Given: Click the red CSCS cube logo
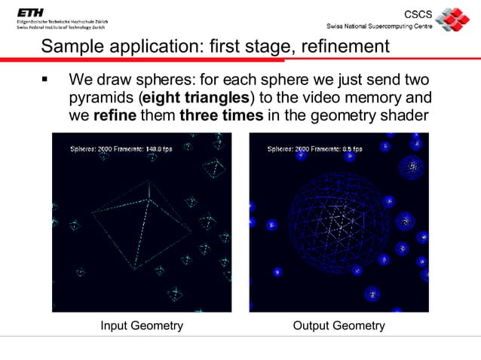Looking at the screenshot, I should click(x=452, y=19).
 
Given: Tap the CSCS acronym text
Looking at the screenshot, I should click(x=420, y=14).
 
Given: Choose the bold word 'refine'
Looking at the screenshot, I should click(x=112, y=116).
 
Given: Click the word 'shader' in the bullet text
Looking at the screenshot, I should click(x=405, y=116).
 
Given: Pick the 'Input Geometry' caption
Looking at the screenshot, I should click(x=142, y=326).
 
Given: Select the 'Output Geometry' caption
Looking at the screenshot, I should click(x=339, y=326).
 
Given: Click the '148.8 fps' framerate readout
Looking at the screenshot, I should click(x=155, y=149).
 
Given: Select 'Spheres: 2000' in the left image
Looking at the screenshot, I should click(x=89, y=149).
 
